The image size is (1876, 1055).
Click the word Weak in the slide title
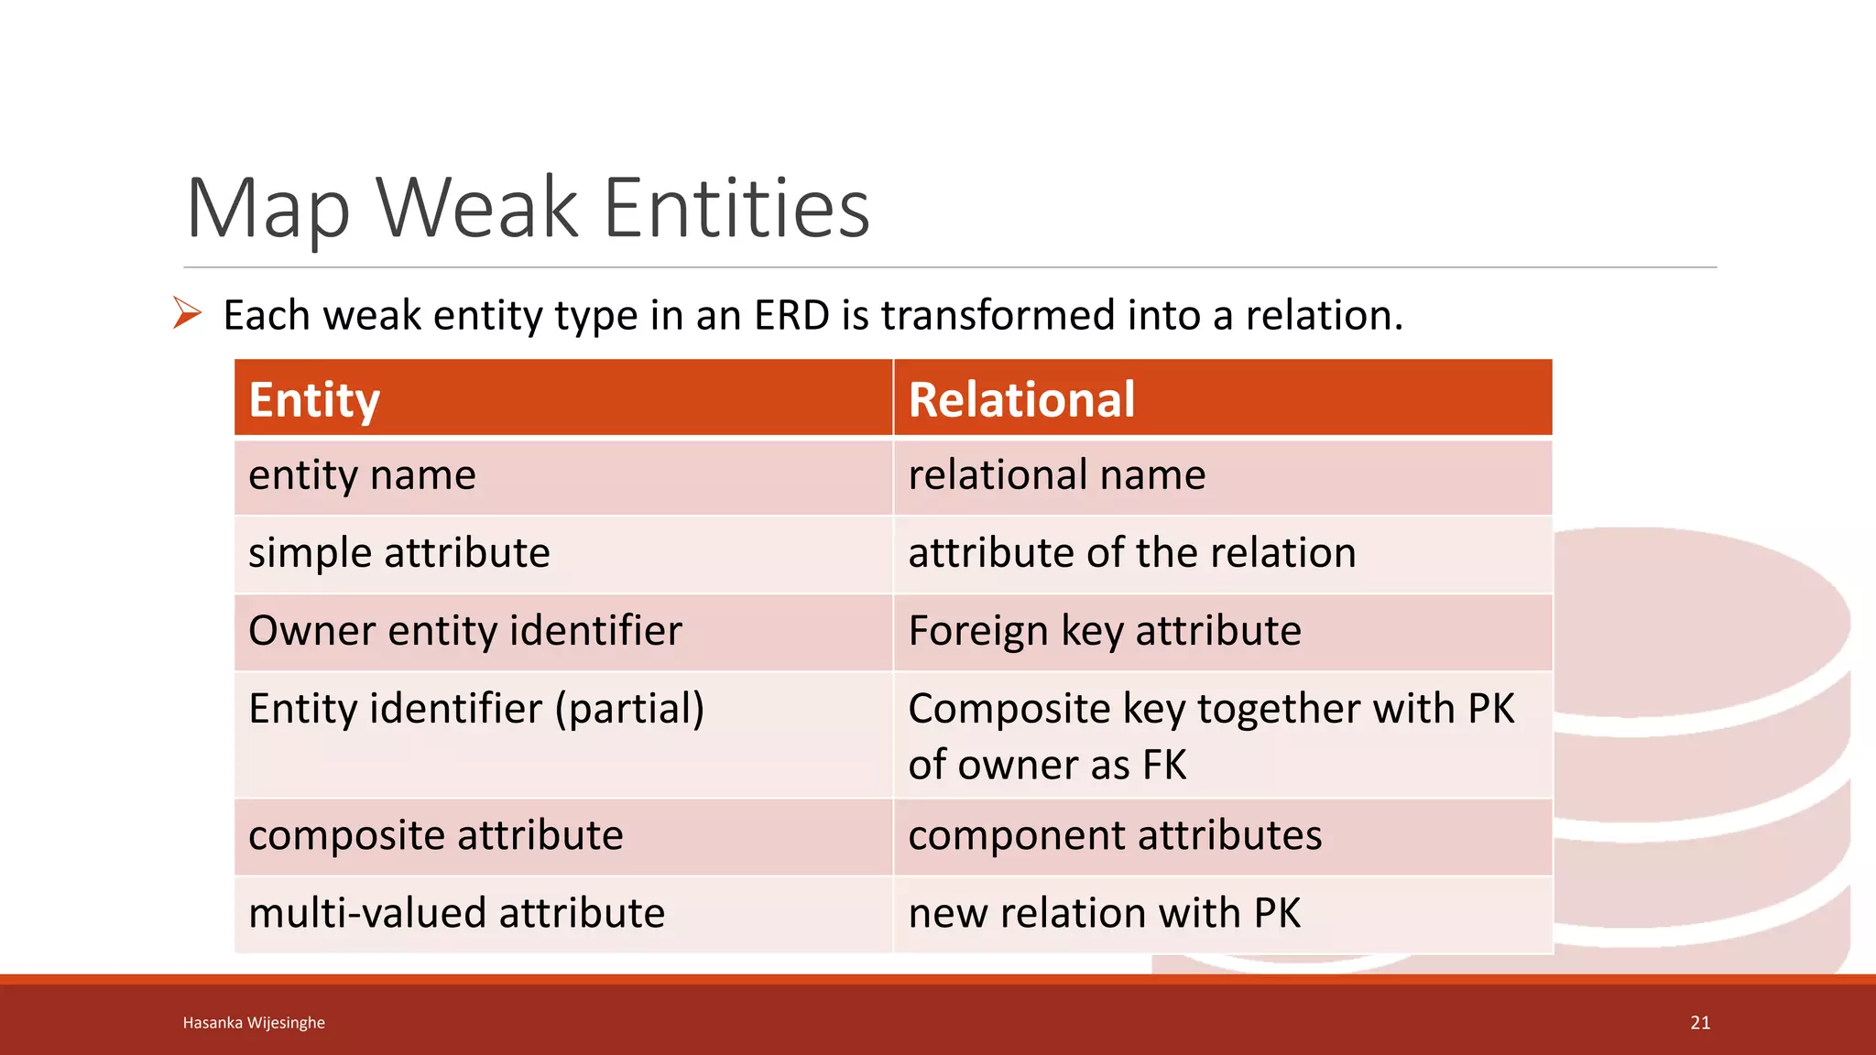tap(476, 209)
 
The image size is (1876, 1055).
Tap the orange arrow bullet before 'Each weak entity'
tap(187, 314)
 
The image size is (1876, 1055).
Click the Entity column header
tap(314, 400)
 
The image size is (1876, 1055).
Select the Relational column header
tap(1021, 400)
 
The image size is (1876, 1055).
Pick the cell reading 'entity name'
tap(362, 475)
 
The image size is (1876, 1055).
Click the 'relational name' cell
tap(1056, 475)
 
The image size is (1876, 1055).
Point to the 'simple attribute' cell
tap(398, 553)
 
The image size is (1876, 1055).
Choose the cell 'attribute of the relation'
tap(1131, 553)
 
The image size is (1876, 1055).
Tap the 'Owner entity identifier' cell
tap(464, 631)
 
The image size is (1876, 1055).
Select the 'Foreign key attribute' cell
tap(1104, 631)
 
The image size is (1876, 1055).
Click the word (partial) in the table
tap(629, 709)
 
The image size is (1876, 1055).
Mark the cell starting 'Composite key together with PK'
tap(1210, 735)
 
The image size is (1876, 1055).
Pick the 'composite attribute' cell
tap(435, 835)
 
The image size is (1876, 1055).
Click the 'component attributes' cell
tap(1115, 835)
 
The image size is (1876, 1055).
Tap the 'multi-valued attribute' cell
tap(456, 913)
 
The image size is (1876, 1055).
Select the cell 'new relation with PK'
tap(1104, 913)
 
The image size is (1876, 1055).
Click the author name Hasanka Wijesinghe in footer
tap(254, 1023)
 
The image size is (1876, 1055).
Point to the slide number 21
tap(1700, 1023)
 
